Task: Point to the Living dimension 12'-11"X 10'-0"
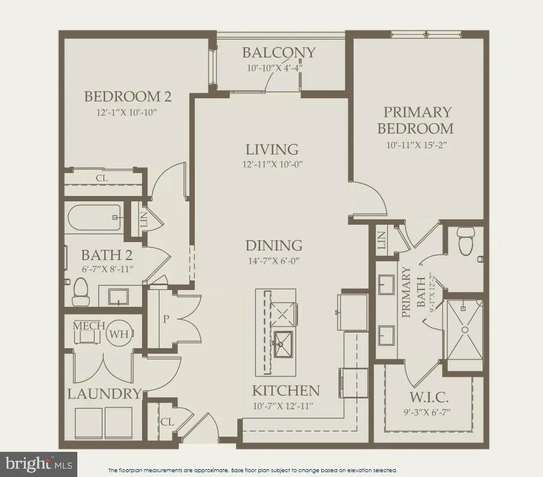273,164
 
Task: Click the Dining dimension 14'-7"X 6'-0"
273,261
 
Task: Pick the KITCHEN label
286,391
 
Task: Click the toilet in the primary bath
465,240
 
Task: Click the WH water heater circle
118,334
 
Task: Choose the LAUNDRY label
104,394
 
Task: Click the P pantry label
166,319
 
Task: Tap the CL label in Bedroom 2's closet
102,178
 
